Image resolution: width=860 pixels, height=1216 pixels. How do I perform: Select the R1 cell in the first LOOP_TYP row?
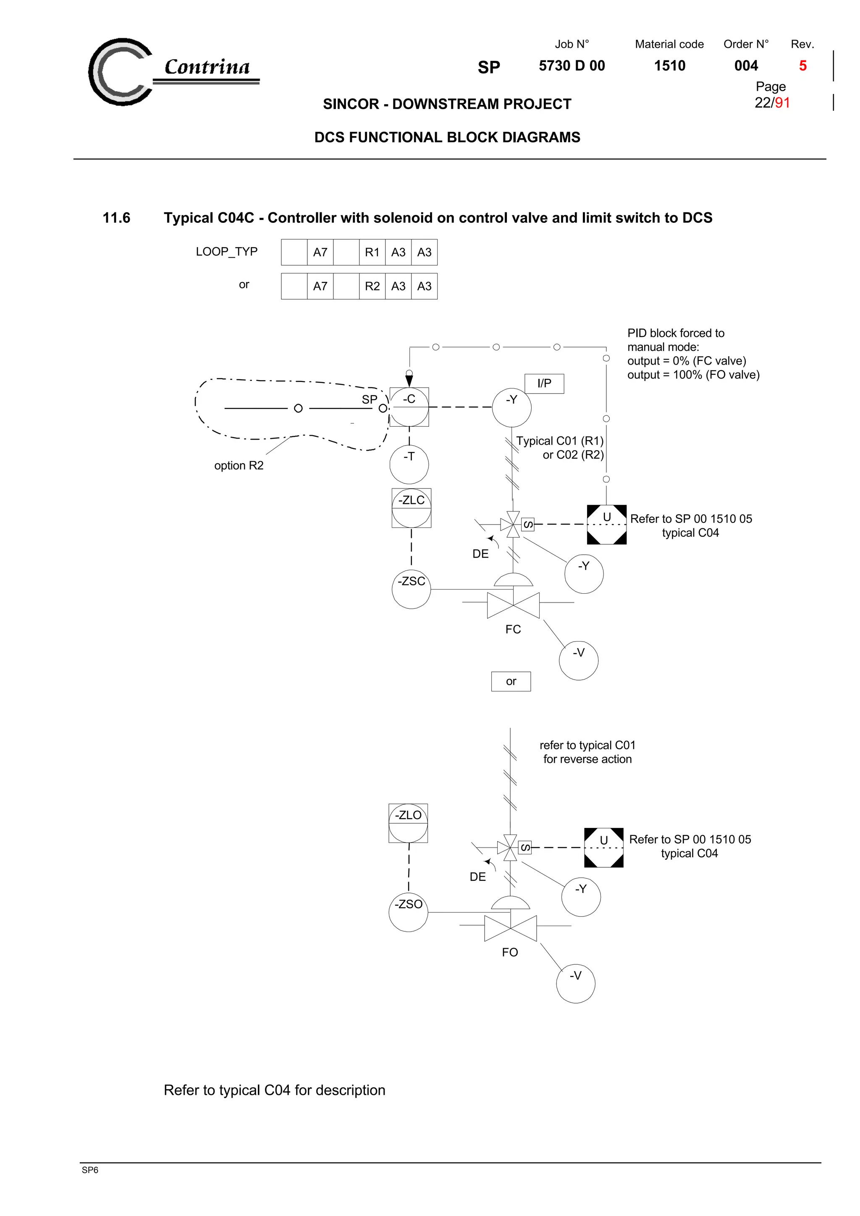(x=372, y=252)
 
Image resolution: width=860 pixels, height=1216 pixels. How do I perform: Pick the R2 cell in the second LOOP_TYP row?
(x=372, y=286)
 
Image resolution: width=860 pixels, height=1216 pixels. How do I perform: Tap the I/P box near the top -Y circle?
(x=544, y=384)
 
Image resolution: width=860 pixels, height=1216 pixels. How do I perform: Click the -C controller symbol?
(x=409, y=407)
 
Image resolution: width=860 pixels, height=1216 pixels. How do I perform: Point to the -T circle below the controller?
(x=409, y=464)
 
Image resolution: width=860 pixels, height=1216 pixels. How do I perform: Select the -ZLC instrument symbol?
(x=411, y=507)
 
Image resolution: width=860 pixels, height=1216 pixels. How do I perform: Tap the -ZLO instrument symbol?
(x=408, y=823)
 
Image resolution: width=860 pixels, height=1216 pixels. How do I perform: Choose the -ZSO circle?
(x=408, y=912)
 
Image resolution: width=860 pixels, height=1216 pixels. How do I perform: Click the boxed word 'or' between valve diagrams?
(x=511, y=681)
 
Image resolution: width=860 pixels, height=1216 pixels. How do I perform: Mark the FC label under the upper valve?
(x=513, y=629)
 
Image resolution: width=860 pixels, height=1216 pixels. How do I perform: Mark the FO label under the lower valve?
(x=510, y=952)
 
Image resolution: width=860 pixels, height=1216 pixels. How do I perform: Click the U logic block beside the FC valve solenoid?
(x=606, y=524)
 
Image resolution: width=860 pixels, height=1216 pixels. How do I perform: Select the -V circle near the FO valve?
(x=575, y=983)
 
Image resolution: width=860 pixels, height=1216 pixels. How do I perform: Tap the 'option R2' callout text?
(x=239, y=465)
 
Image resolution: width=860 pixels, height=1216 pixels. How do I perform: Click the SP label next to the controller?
(x=370, y=399)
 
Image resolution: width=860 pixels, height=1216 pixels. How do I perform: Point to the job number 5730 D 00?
(x=572, y=66)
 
